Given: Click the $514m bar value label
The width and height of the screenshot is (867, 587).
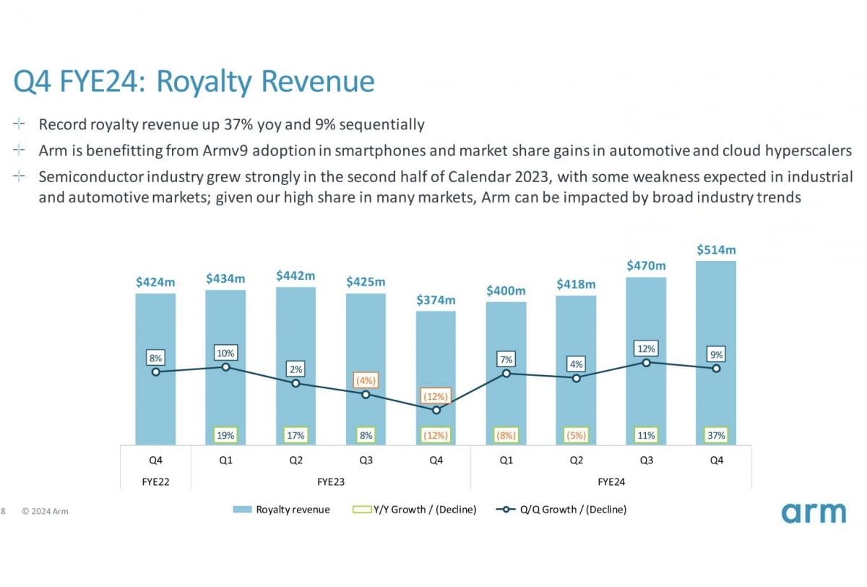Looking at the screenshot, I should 716,250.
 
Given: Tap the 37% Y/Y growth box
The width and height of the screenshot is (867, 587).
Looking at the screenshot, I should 716,435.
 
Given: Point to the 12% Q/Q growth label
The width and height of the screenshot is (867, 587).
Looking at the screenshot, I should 646,348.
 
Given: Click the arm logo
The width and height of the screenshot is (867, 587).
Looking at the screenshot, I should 813,512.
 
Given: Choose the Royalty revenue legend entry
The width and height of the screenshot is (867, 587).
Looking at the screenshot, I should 281,510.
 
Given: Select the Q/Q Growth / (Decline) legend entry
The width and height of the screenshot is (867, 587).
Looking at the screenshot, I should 561,510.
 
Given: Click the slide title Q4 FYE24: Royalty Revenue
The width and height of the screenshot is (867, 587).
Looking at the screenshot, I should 194,82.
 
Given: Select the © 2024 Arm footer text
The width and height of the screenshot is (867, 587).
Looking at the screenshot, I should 45,511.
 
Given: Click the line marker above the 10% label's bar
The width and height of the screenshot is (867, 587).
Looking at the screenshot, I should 225,367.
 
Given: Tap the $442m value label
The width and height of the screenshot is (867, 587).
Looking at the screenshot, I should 296,276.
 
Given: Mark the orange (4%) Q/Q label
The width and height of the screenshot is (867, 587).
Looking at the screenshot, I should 366,380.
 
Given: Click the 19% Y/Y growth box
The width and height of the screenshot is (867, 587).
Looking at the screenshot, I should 225,435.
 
